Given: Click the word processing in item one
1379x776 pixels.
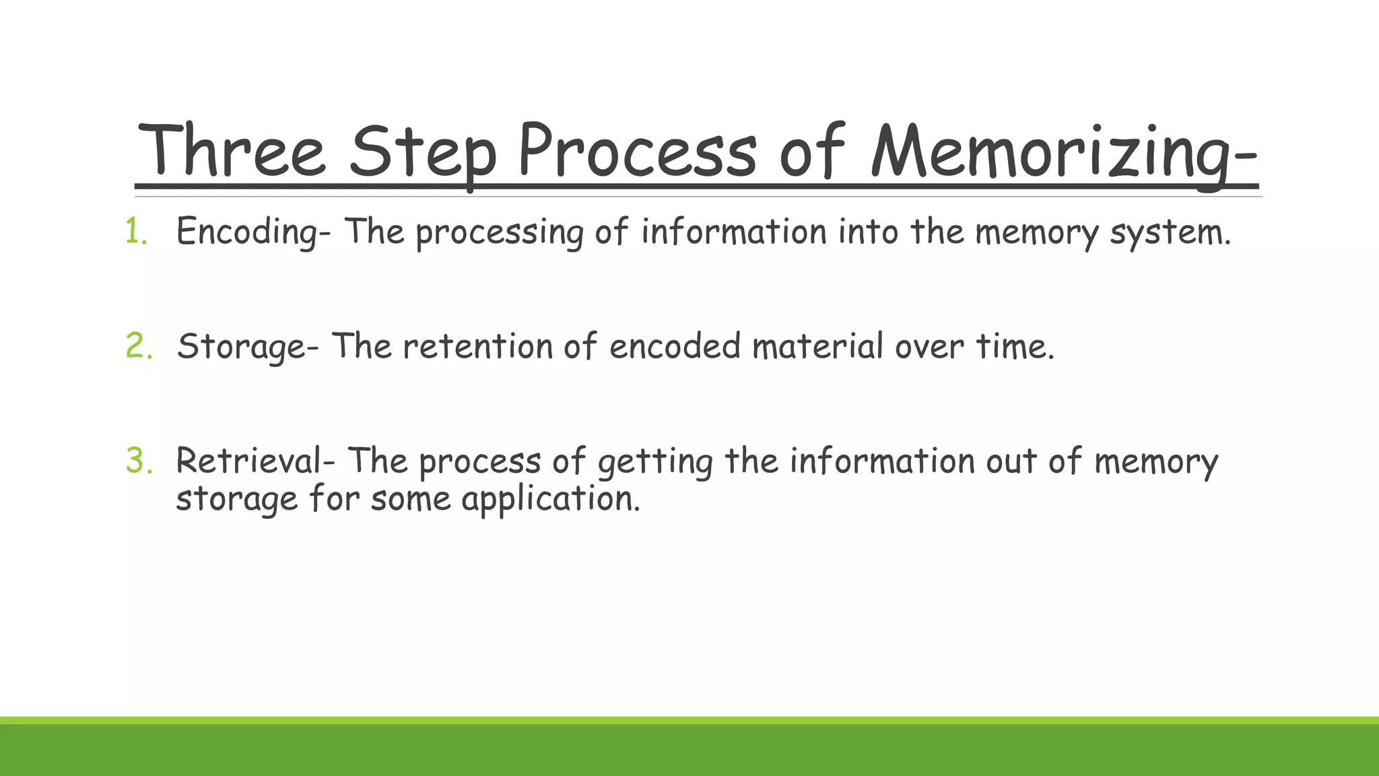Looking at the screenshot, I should point(499,233).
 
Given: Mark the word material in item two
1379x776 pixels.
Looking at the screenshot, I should point(817,346).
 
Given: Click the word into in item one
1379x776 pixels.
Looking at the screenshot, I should point(868,232).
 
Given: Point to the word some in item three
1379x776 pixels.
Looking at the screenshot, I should point(410,499).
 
